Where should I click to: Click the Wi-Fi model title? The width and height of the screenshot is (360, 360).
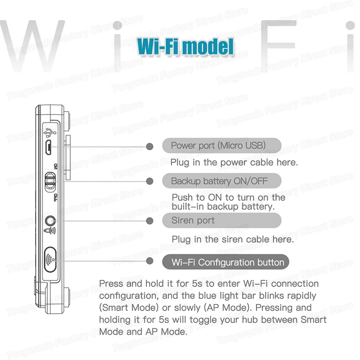[x=186, y=46]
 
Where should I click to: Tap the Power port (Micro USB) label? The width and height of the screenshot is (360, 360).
[x=218, y=146]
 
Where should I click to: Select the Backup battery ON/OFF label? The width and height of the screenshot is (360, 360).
[x=219, y=181]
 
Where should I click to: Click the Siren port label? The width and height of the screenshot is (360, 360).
[x=193, y=221]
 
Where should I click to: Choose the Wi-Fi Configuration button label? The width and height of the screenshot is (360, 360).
[x=228, y=262]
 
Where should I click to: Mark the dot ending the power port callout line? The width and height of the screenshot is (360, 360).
[x=150, y=146]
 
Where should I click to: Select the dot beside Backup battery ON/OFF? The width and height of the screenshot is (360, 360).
[x=150, y=181]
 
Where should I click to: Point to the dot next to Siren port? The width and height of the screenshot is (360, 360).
[x=150, y=221]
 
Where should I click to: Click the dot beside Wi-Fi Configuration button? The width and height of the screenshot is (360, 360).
[x=150, y=262]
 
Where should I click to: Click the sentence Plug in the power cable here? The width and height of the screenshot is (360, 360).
[x=234, y=162]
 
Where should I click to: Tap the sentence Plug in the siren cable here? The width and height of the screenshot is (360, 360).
[x=233, y=239]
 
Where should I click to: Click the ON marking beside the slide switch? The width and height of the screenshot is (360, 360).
[x=55, y=166]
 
